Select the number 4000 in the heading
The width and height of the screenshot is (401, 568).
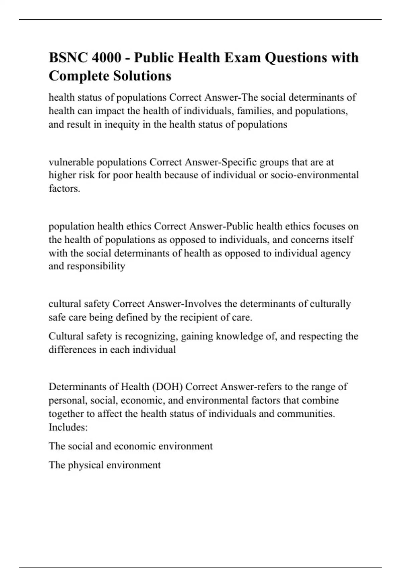[x=107, y=58]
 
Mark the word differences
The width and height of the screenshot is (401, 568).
[x=72, y=349]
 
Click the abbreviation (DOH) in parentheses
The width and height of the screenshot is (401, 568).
[x=167, y=387]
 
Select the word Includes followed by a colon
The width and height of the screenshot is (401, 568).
[x=68, y=427]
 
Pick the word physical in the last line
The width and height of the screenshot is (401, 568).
[x=87, y=465]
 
